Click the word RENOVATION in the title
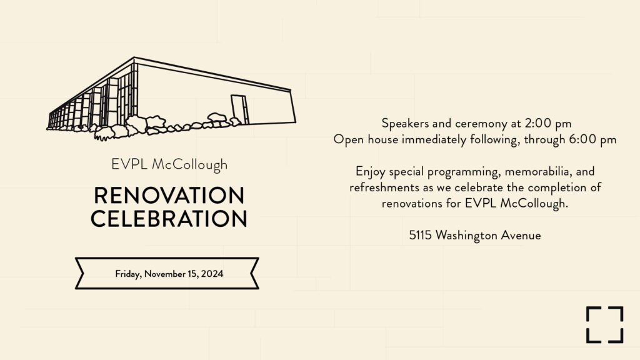tap(169, 195)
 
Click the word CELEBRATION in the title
tap(169, 218)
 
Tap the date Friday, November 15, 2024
tap(169, 274)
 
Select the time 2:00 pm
tap(548, 123)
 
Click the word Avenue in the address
tap(521, 235)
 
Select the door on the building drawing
tap(239, 109)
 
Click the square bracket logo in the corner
tap(605, 324)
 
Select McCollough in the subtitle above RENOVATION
tap(190, 165)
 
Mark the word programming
tap(462, 172)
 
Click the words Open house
tap(366, 139)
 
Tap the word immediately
tap(434, 139)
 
